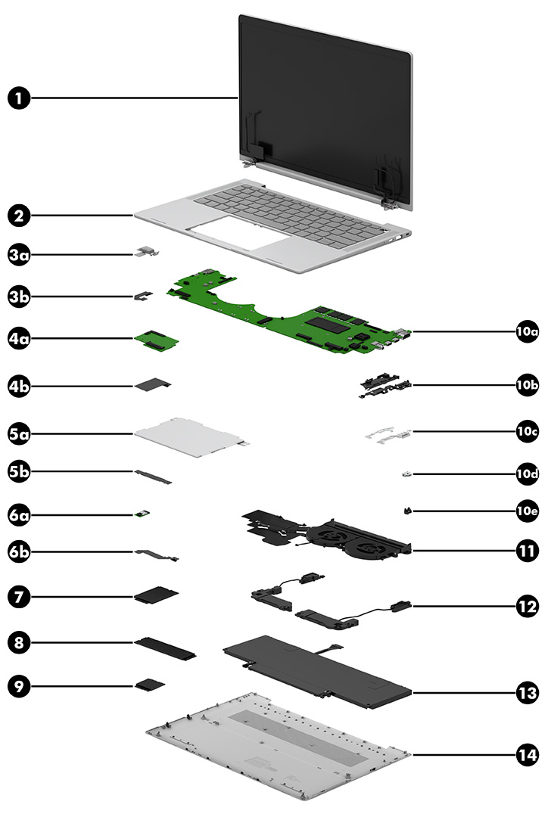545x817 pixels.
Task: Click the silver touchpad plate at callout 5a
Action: [189, 435]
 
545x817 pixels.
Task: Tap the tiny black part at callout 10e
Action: [408, 511]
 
